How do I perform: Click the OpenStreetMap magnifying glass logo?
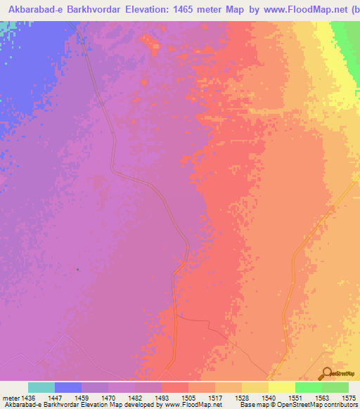(327, 373)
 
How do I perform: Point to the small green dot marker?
(77, 269)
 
